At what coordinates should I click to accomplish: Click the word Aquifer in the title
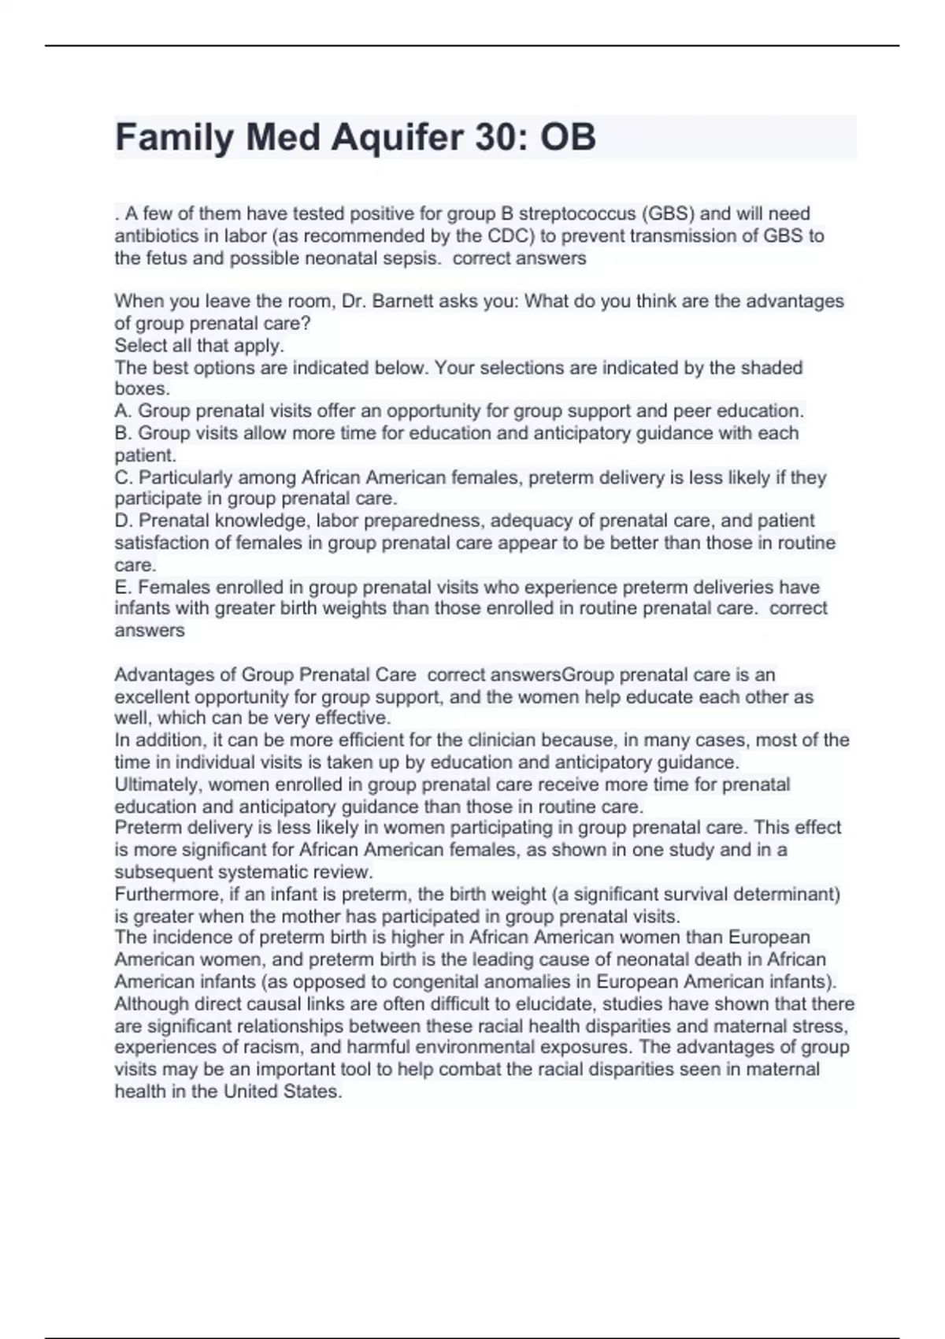point(397,138)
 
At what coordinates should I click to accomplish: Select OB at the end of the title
point(567,138)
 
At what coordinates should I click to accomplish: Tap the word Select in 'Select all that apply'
point(141,346)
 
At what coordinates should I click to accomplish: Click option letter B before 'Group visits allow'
point(122,433)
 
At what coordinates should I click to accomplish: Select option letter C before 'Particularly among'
point(122,477)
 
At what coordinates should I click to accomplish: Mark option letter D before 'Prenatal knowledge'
point(122,521)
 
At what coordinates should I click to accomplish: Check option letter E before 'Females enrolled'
point(122,588)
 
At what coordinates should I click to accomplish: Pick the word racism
point(308,1048)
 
